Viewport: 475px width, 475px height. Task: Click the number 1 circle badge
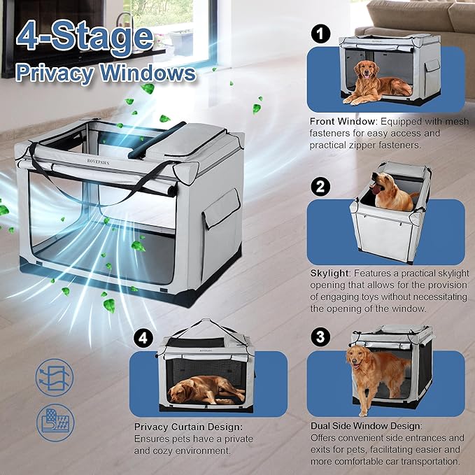(320, 33)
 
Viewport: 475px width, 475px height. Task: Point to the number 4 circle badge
(143, 339)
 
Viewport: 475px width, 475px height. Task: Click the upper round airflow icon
(54, 378)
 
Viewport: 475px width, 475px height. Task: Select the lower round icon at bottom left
(54, 422)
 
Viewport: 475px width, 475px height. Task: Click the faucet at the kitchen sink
(126, 24)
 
